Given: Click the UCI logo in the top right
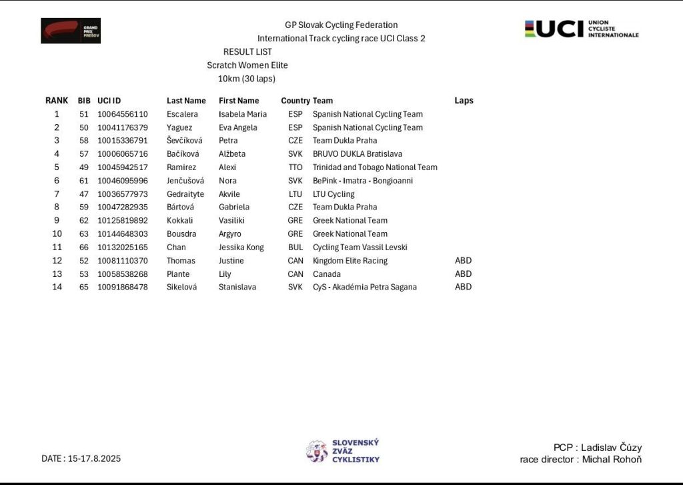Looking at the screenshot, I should [581, 29].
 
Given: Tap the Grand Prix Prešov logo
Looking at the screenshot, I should [71, 31].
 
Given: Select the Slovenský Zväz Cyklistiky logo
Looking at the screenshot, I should [343, 451].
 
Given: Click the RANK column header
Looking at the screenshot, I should [57, 101].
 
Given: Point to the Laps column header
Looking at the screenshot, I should [464, 101].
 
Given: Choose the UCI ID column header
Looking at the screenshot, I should [109, 101].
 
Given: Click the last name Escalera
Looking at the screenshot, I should [182, 114].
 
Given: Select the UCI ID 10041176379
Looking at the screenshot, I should [123, 127].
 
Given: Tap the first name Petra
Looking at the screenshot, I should [228, 141].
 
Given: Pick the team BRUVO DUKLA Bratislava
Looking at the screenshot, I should [358, 154].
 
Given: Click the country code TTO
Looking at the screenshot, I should [295, 167].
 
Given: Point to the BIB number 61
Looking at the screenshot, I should [83, 181].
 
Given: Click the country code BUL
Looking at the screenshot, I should [295, 248].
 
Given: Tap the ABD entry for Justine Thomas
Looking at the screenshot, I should [463, 261].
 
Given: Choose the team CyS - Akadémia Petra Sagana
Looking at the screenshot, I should [365, 288].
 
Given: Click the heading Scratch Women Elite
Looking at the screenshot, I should [247, 65].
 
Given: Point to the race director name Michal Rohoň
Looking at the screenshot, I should [612, 460].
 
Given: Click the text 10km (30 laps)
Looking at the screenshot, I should [247, 79].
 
